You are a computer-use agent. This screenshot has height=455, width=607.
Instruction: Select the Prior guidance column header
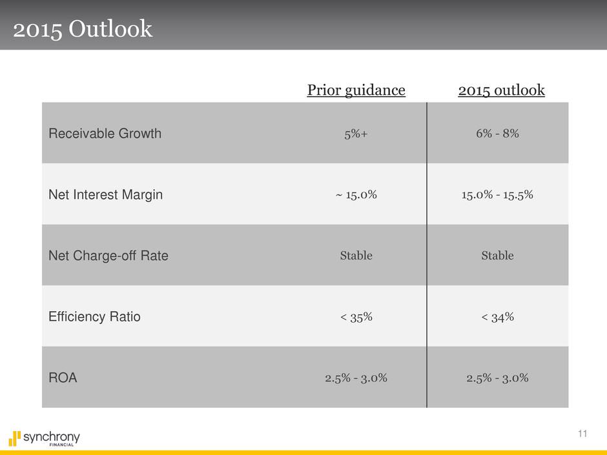(356, 90)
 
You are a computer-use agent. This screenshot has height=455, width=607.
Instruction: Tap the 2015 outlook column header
(501, 90)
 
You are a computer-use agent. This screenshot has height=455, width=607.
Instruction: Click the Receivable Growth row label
(105, 134)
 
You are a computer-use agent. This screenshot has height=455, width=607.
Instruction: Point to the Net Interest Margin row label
(105, 195)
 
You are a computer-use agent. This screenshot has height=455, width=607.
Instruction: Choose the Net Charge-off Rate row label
(108, 256)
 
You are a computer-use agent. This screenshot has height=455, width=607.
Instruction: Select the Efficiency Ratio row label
(94, 317)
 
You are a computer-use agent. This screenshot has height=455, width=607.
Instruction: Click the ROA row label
(63, 378)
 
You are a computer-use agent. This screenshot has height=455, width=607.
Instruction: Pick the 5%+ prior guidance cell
(356, 134)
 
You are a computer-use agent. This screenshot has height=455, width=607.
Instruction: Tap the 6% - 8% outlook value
(497, 134)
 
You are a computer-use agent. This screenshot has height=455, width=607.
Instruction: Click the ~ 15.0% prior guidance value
(356, 195)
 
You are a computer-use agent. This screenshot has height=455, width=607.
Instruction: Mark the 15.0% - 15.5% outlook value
(497, 195)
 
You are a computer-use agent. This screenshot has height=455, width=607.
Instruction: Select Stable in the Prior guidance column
(356, 256)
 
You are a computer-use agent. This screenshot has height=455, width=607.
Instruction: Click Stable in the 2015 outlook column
(497, 256)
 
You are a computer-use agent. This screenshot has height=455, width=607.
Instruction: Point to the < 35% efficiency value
(356, 317)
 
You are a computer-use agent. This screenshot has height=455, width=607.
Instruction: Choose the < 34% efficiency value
(497, 317)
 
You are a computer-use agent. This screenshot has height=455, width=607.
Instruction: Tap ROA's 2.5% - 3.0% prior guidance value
(356, 378)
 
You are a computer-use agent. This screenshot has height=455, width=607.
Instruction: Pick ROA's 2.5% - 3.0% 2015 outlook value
(497, 378)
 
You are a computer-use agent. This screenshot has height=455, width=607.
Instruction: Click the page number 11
(583, 434)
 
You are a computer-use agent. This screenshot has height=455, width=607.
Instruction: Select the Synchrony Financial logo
(45, 438)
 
